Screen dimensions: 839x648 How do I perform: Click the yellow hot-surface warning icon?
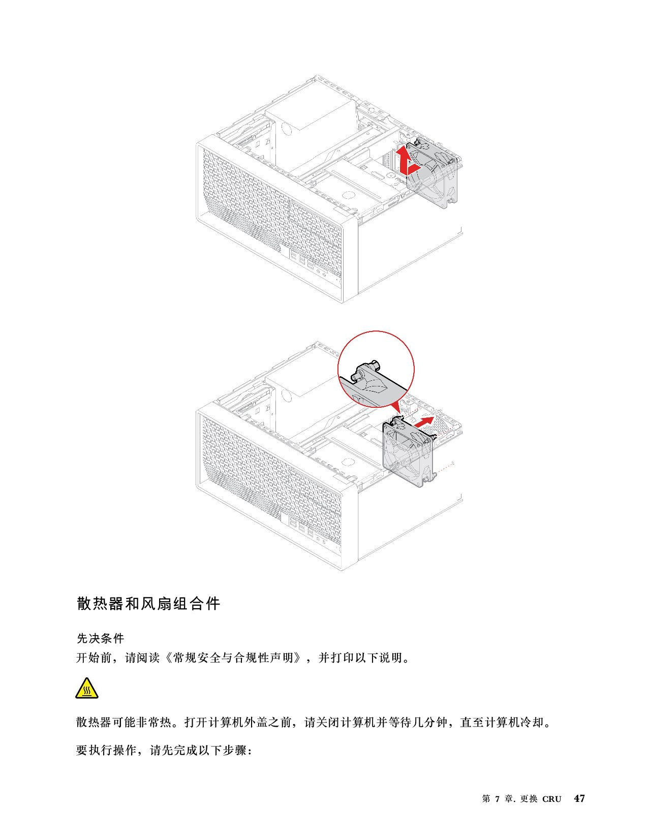(x=87, y=688)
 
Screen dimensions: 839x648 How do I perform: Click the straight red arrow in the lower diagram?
(x=424, y=422)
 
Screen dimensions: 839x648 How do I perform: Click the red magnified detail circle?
(x=376, y=369)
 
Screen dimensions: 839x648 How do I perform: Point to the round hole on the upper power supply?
(x=286, y=129)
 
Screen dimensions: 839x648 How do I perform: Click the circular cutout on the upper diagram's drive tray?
(x=348, y=194)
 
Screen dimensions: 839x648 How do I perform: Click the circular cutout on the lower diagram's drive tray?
(x=348, y=461)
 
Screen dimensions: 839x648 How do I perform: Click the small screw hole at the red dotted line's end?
(x=453, y=463)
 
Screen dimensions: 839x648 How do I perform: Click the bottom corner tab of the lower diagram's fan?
(x=434, y=477)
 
